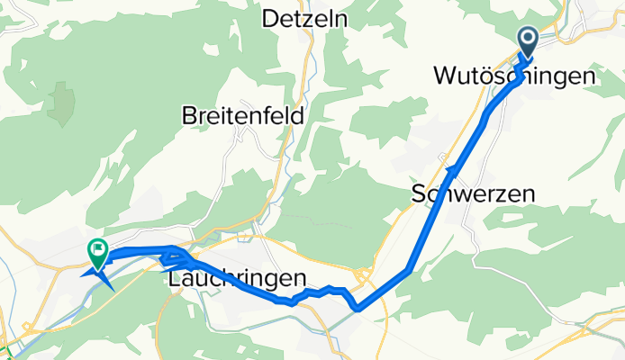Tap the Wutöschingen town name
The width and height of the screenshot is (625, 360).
tap(514, 76)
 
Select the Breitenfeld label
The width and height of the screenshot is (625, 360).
tap(242, 116)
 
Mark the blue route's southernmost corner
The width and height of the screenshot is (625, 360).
tap(358, 309)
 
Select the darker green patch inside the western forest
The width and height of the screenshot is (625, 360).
tap(61, 103)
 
